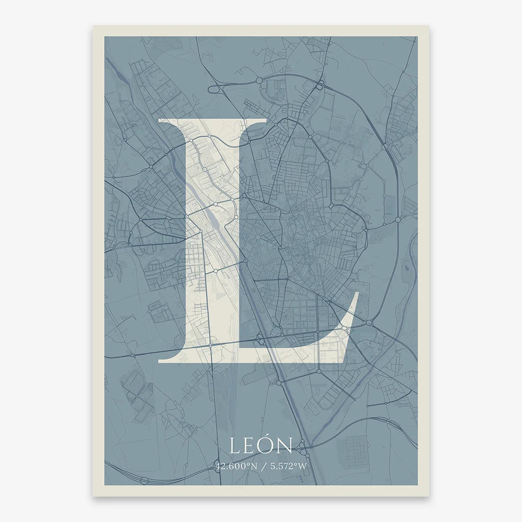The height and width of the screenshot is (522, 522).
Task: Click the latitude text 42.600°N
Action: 235,465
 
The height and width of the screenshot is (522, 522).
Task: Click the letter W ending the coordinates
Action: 303,465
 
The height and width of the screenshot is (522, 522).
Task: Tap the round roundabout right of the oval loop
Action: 259,81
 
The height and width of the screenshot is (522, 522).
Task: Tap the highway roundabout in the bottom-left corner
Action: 144,480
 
